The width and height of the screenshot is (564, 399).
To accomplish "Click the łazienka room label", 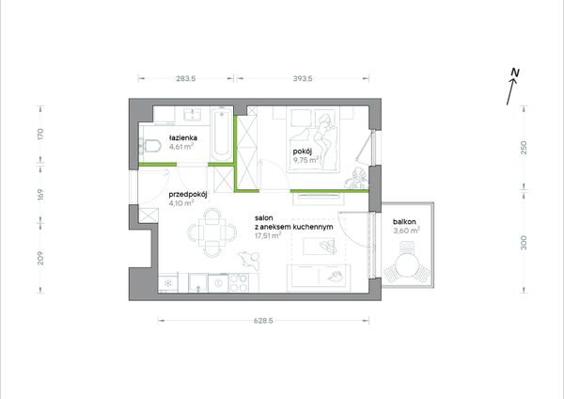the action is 182,137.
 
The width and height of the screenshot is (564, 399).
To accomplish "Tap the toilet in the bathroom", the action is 150,146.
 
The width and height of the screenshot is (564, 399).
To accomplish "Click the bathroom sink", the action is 192,115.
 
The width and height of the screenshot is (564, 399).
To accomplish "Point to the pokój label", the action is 302,152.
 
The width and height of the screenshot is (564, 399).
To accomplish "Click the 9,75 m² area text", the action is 306,160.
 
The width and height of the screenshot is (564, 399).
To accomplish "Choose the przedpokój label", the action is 188,195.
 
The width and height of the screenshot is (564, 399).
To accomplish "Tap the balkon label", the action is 404,222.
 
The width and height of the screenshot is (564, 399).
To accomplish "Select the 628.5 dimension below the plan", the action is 263,321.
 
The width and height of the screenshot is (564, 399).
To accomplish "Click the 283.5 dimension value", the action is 186,78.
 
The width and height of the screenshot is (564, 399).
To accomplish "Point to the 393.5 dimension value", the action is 303,78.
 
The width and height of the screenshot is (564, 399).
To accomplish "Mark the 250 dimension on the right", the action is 524,148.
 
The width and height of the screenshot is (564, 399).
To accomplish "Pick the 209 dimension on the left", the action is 40,258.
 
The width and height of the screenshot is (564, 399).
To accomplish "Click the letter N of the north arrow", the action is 515,72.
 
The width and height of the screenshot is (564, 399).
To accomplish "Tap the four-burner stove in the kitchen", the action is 239,282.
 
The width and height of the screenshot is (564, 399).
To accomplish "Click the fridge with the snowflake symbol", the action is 168,282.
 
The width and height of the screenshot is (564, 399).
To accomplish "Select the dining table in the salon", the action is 212,232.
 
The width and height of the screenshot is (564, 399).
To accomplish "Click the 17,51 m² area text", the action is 268,236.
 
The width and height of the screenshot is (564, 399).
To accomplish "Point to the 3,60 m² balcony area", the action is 406,231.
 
